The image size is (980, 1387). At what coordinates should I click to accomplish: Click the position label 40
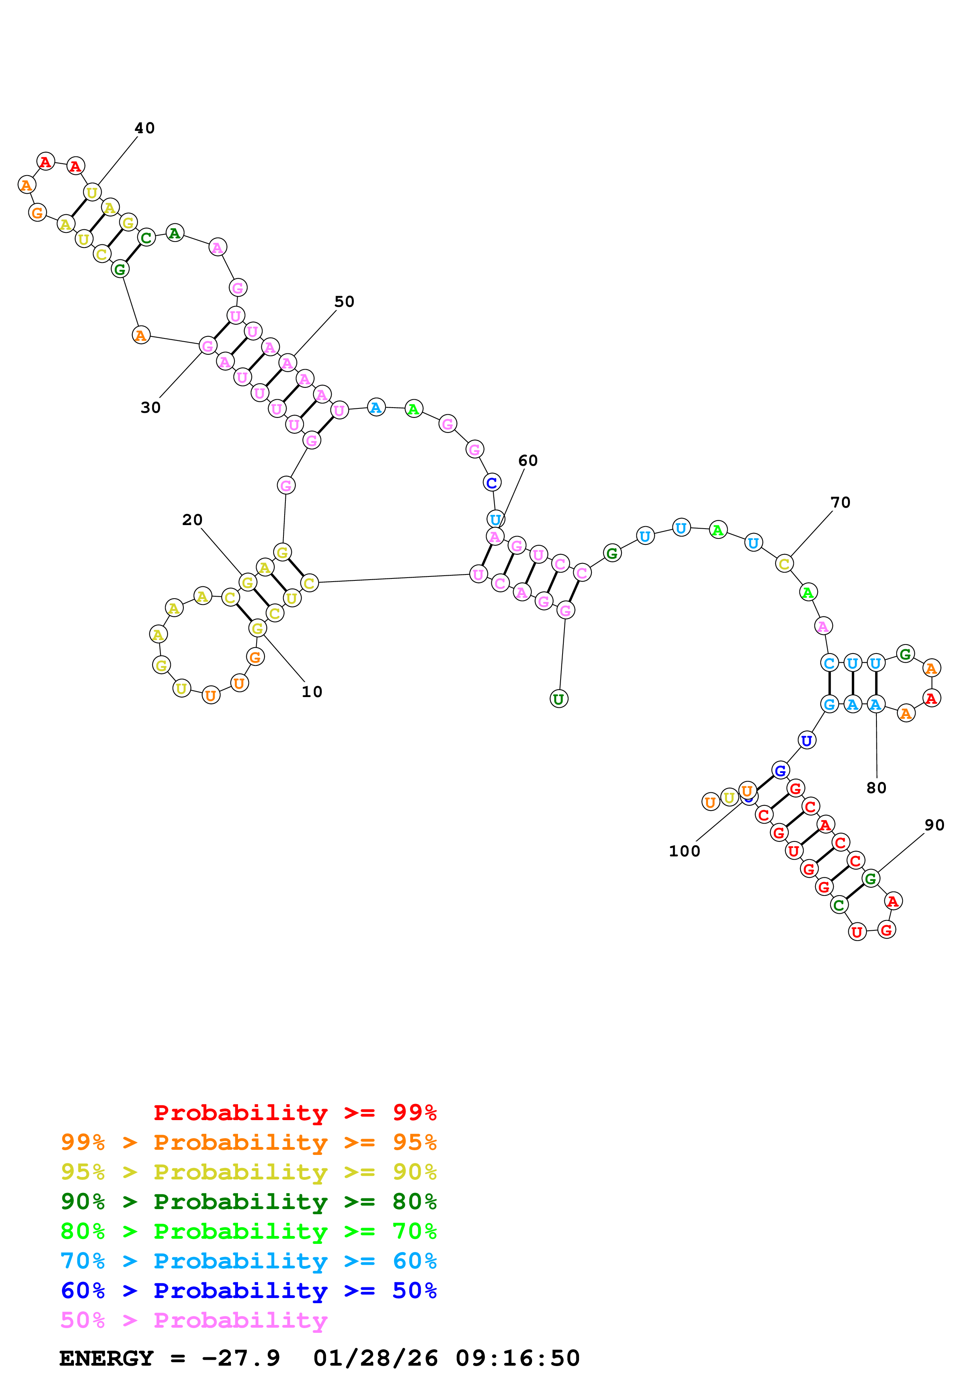pyautogui.click(x=144, y=128)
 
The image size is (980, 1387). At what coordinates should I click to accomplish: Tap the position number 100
pyautogui.click(x=684, y=851)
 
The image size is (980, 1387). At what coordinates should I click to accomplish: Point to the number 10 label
pyautogui.click(x=312, y=692)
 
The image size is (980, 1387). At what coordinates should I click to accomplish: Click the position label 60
pyautogui.click(x=528, y=460)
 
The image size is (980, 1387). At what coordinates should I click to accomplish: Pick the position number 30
pyautogui.click(x=150, y=408)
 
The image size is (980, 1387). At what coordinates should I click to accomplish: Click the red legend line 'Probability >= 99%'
pyautogui.click(x=295, y=1112)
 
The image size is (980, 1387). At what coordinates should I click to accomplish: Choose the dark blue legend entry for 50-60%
pyautogui.click(x=248, y=1291)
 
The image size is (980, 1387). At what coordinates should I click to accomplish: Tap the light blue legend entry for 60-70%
pyautogui.click(x=248, y=1261)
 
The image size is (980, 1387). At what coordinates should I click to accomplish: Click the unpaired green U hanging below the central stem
pyautogui.click(x=559, y=699)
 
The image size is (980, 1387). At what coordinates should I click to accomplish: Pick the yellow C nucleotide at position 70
pyautogui.click(x=784, y=564)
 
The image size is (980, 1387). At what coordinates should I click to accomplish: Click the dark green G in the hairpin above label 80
pyautogui.click(x=904, y=654)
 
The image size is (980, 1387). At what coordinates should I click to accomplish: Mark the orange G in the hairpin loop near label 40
pyautogui.click(x=38, y=213)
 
